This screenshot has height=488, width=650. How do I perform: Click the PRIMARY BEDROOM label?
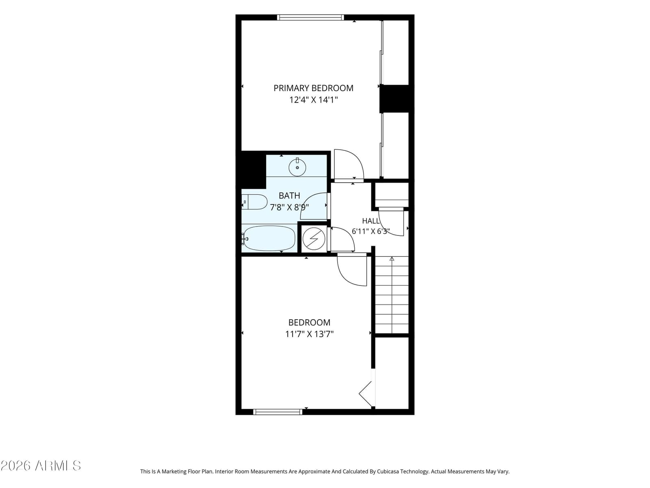pyautogui.click(x=313, y=88)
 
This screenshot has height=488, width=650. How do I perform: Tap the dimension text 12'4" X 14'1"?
pyautogui.click(x=313, y=100)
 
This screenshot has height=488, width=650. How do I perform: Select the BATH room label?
pyautogui.click(x=289, y=196)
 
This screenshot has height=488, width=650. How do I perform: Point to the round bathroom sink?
pyautogui.click(x=297, y=167)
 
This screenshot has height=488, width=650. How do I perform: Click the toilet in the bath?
pyautogui.click(x=254, y=202)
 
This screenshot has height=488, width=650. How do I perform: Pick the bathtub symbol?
pyautogui.click(x=269, y=239)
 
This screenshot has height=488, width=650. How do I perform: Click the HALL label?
pyautogui.click(x=371, y=221)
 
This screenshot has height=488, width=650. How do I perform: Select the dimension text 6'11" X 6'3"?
pyautogui.click(x=370, y=231)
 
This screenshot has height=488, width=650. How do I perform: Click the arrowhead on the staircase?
pyautogui.click(x=392, y=259)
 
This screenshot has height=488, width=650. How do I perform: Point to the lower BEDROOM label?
pyautogui.click(x=309, y=322)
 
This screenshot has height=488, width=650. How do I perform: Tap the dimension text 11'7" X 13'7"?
pyautogui.click(x=309, y=334)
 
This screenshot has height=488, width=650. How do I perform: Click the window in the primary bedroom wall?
pyautogui.click(x=310, y=17)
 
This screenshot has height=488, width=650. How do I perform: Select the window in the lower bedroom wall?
pyautogui.click(x=278, y=412)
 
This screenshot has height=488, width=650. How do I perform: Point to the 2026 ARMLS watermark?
pyautogui.click(x=41, y=466)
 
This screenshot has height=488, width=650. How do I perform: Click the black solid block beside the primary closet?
pyautogui.click(x=394, y=99)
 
